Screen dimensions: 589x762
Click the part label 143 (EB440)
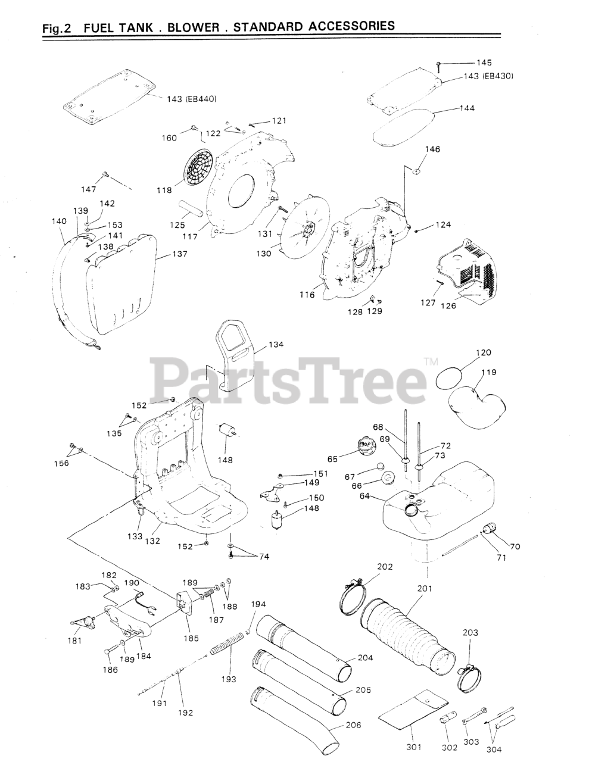(x=191, y=99)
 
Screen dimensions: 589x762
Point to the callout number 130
(x=263, y=254)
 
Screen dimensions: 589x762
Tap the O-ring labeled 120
(x=450, y=377)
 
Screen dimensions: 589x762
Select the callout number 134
(x=276, y=345)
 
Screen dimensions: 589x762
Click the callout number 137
(x=179, y=254)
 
